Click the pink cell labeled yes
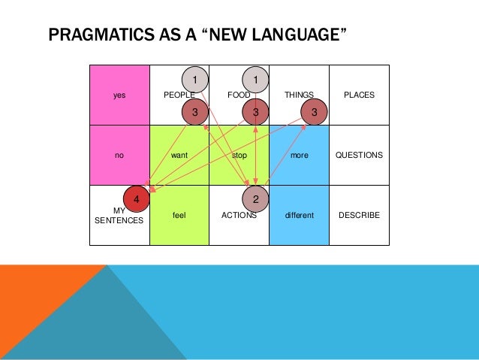pos(119,95)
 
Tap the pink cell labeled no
pos(119,155)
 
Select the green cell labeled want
pos(179,155)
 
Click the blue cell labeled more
pos(299,155)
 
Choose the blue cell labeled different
pos(299,215)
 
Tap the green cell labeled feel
pos(179,215)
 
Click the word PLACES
pos(359,95)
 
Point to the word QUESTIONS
pos(359,156)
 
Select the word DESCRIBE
pos(359,216)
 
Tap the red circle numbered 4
pos(136,198)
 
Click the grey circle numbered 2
pos(255,198)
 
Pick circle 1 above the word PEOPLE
pos(194,79)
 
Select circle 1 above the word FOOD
pos(255,79)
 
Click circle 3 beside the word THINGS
pos(315,112)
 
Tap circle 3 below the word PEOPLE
pos(194,112)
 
